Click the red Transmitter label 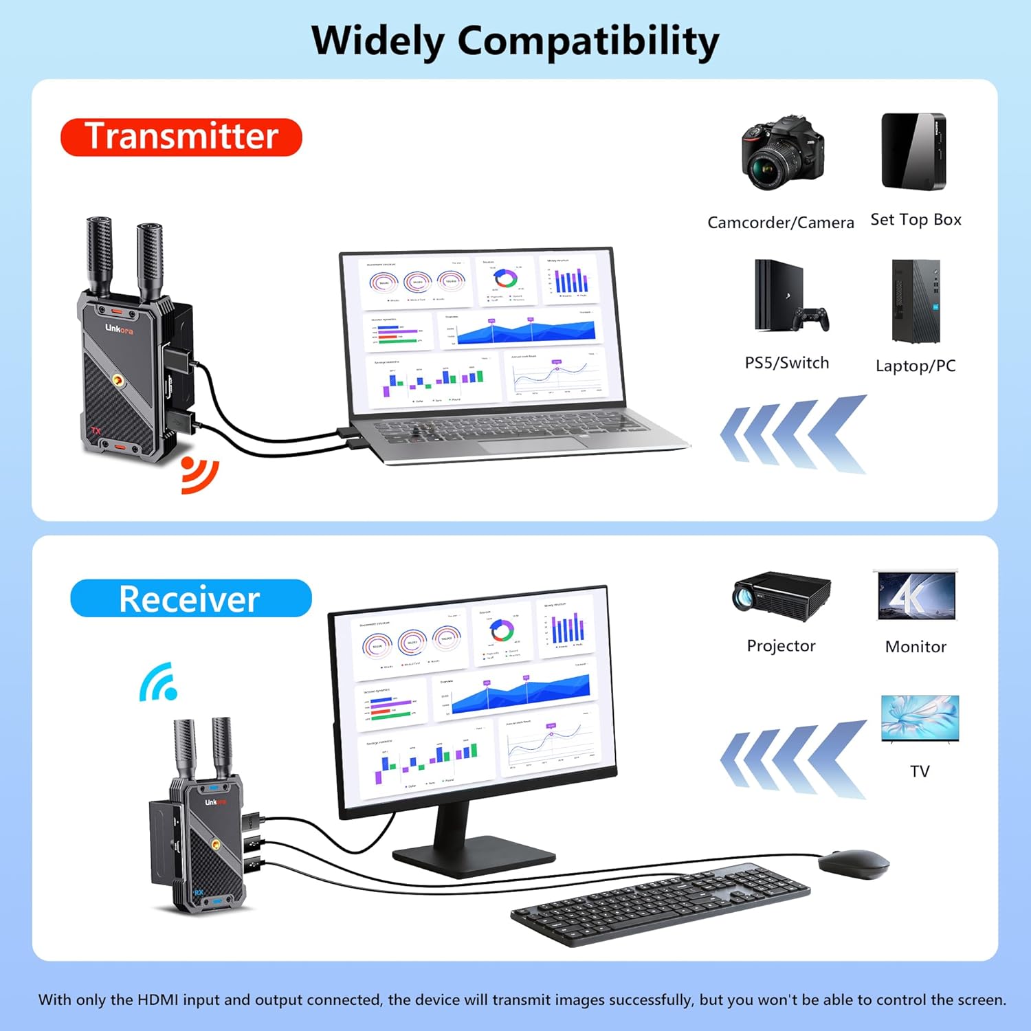tap(181, 137)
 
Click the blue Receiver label tap(190, 599)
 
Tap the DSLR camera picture tap(782, 154)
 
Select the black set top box tap(913, 151)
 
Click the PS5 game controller tap(812, 319)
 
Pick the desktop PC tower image tap(916, 301)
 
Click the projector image tap(781, 595)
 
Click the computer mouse tap(854, 863)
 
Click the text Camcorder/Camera tap(781, 223)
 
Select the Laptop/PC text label tap(916, 366)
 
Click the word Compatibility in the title tap(588, 41)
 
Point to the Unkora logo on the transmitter tap(119, 329)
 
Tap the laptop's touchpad tap(533, 444)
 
